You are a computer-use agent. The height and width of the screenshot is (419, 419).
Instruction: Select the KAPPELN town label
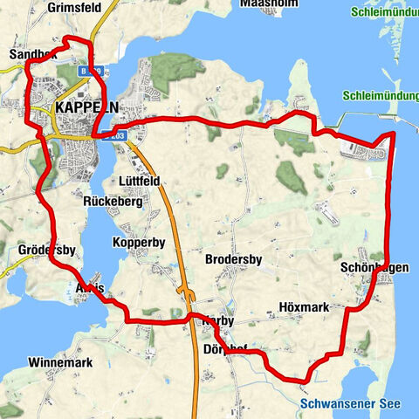[86, 106]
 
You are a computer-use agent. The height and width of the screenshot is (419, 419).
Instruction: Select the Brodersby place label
[233, 260]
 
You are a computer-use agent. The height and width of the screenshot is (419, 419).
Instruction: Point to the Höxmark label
[304, 307]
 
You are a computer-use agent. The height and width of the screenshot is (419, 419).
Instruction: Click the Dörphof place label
[225, 347]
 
